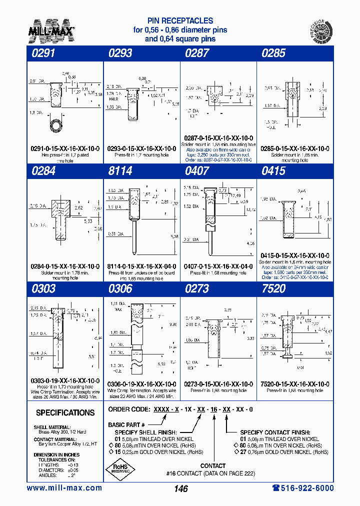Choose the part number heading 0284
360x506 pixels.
tap(44, 171)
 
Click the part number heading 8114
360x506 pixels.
tap(120, 171)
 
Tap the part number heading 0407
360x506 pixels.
tap(197, 171)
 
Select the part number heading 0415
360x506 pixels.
tap(273, 171)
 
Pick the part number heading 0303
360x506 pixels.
tap(44, 288)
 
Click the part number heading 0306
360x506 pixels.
tap(120, 288)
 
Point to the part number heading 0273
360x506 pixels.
tap(197, 288)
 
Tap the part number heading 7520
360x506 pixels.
tap(273, 288)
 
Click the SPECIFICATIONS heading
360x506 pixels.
tap(65, 413)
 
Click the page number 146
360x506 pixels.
tap(181, 489)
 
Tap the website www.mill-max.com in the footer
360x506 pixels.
tap(64, 488)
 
